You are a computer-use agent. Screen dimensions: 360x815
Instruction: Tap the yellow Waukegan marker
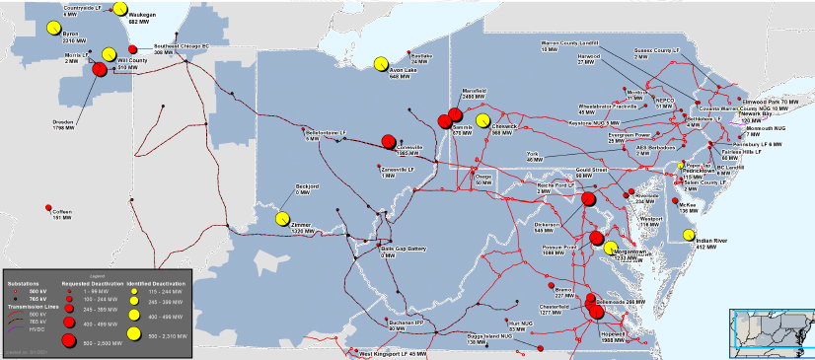pyautogui.click(x=119, y=9)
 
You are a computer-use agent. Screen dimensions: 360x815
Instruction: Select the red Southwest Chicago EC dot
pyautogui.click(x=133, y=49)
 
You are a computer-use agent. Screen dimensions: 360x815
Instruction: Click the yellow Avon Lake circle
pyautogui.click(x=381, y=64)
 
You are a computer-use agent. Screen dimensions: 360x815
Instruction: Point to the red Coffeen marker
pyautogui.click(x=49, y=206)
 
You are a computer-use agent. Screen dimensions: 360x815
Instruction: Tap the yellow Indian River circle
pyautogui.click(x=687, y=236)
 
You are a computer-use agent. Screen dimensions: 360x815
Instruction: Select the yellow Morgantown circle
pyautogui.click(x=610, y=248)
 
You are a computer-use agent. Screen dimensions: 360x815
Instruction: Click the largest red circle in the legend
pyautogui.click(x=69, y=340)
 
